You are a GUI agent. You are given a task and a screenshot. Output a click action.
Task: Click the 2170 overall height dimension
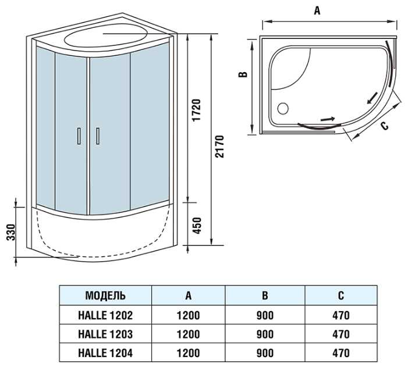(x=219, y=147)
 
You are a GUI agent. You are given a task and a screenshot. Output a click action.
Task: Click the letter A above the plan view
(x=317, y=10)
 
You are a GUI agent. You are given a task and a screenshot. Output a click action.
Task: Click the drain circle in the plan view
(x=283, y=108)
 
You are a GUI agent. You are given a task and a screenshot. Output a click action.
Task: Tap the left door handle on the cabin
(x=78, y=135)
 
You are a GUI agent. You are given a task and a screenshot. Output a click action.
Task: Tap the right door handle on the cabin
(x=98, y=135)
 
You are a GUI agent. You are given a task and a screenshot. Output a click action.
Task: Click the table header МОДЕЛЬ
(x=105, y=295)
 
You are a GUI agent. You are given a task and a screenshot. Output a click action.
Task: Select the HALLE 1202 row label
(x=105, y=316)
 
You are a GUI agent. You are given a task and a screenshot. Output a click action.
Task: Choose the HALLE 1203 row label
(x=105, y=334)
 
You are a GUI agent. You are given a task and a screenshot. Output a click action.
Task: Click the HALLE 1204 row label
(x=105, y=353)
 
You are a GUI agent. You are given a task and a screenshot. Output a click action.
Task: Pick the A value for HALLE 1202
(x=188, y=316)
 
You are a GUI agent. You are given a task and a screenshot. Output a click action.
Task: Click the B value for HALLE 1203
(x=265, y=334)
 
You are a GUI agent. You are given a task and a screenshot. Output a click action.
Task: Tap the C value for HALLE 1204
(x=340, y=353)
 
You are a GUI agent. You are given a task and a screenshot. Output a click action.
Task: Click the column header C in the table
(x=340, y=295)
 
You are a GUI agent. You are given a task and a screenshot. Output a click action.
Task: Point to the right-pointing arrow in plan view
(x=328, y=119)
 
